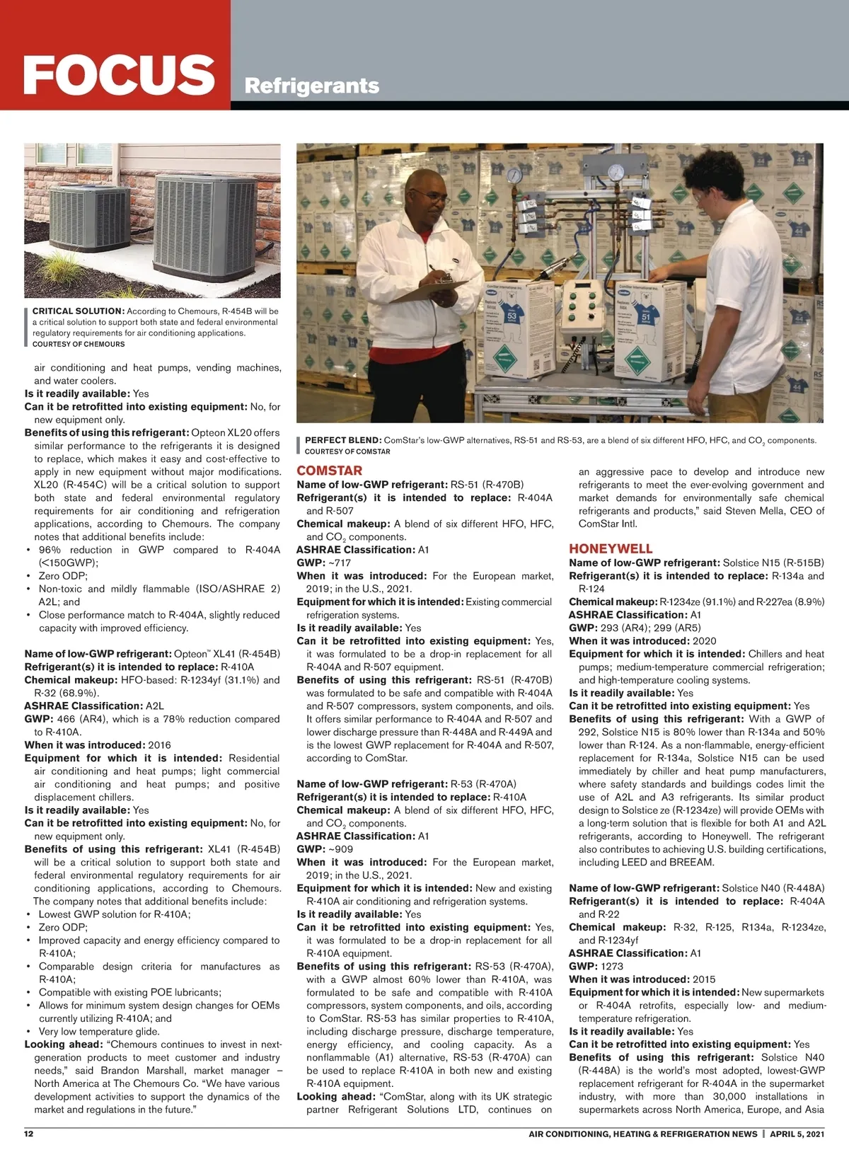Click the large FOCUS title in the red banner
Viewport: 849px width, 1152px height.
[x=119, y=74]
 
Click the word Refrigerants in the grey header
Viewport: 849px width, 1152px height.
[x=311, y=86]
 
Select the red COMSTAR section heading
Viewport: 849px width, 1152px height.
[x=329, y=471]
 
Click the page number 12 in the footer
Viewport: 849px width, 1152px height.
[x=29, y=1134]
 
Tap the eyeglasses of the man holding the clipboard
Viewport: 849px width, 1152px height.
[x=434, y=200]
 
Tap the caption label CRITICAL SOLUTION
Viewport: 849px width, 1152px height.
[x=79, y=311]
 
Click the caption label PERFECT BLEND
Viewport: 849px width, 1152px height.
[x=343, y=440]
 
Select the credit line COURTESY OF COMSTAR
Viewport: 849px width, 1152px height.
[x=347, y=451]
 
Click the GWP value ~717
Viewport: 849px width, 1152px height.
[x=338, y=563]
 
